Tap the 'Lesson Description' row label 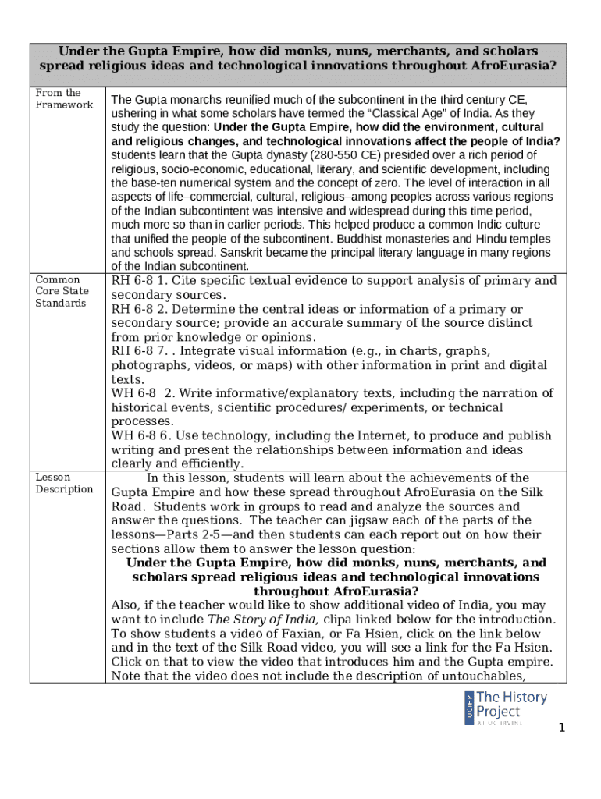(64, 483)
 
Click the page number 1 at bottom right (560, 729)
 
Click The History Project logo (500, 706)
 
